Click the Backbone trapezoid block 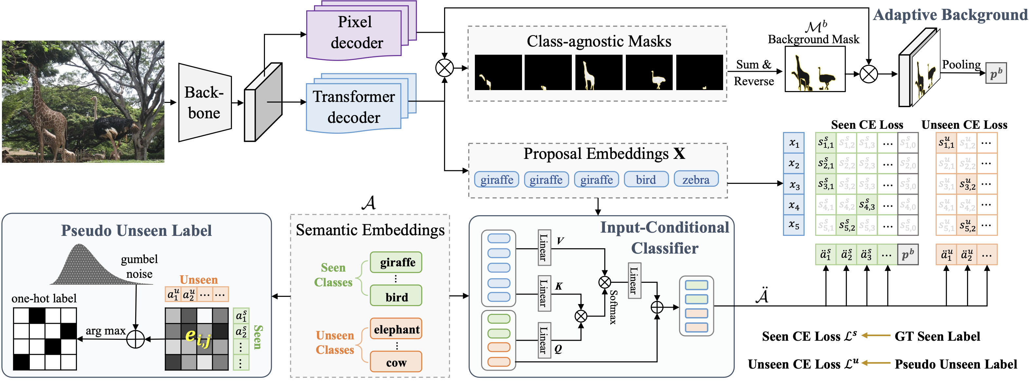coord(204,103)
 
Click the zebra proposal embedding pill coord(696,180)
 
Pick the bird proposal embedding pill coord(646,180)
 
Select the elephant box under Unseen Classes coord(396,329)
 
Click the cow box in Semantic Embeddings coord(396,362)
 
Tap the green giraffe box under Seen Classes coord(396,262)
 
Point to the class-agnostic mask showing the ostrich coord(649,73)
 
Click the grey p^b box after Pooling coord(996,73)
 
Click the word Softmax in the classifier coord(613,307)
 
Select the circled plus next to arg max coord(135,339)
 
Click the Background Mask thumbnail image coord(815,69)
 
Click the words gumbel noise coord(139,267)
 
